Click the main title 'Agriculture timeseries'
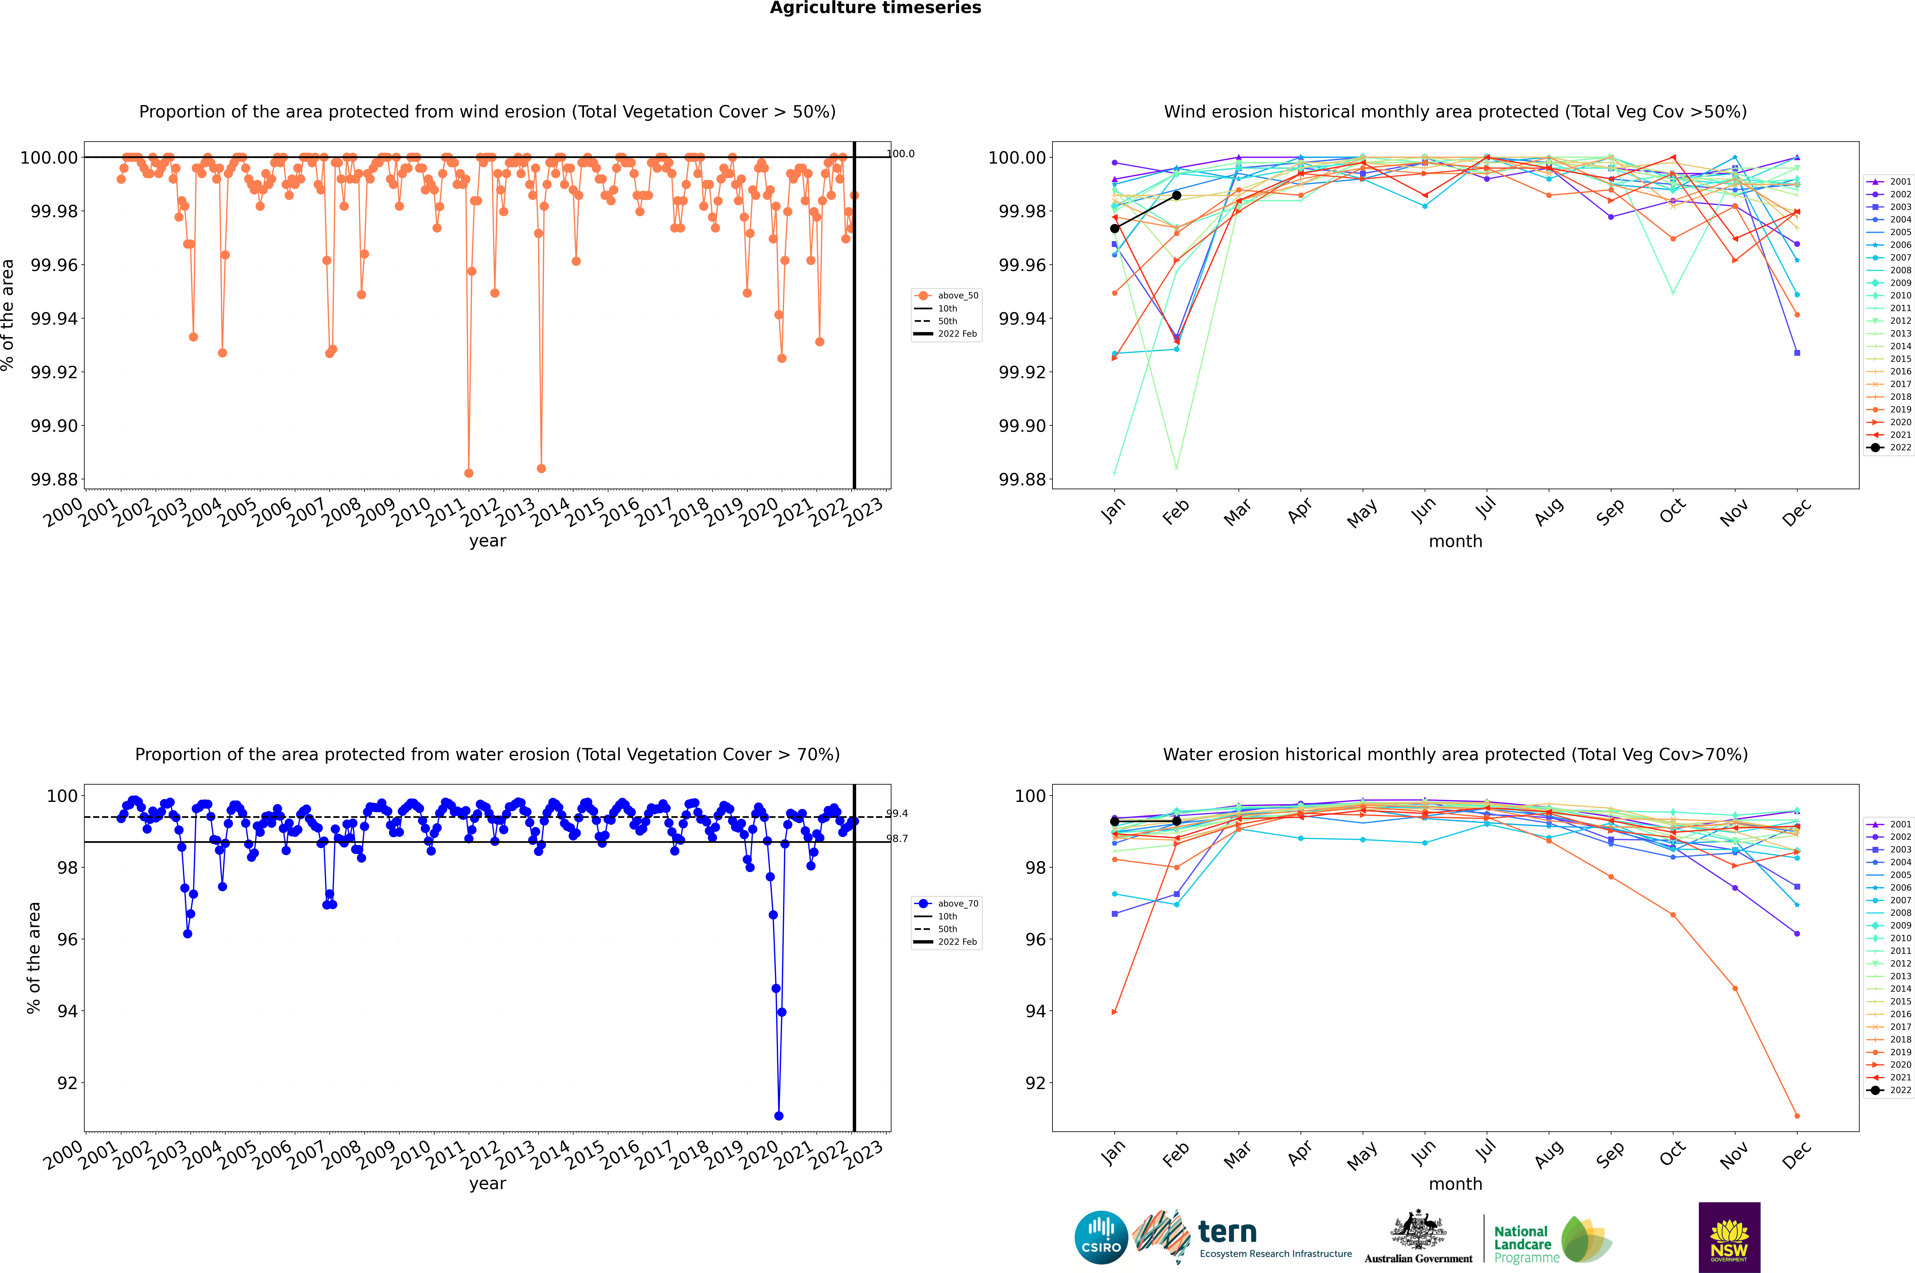[x=875, y=8]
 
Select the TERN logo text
[x=1227, y=1233]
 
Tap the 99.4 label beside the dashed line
[x=897, y=813]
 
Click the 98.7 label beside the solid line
[x=897, y=839]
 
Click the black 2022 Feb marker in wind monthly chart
[x=1176, y=196]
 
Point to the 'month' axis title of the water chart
[x=1455, y=1184]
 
